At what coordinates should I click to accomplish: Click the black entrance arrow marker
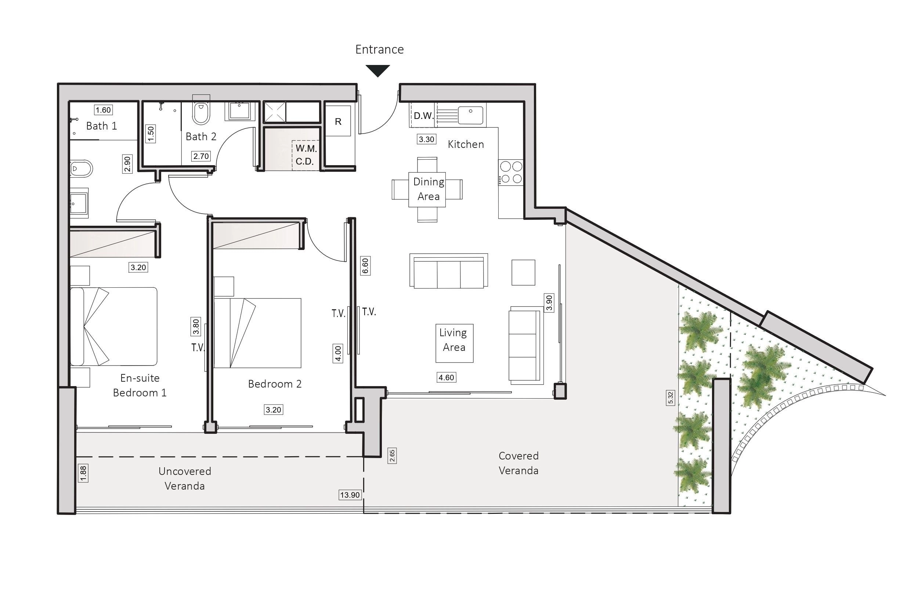coord(377,71)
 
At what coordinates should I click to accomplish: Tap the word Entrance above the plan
coord(379,50)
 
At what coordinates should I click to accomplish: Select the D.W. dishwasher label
coord(423,116)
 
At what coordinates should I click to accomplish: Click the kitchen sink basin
coord(470,115)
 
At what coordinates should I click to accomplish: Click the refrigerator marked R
coord(338,121)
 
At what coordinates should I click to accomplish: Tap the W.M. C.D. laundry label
coord(306,155)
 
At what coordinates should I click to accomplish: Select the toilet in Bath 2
coord(201,112)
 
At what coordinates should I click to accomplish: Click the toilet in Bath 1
coord(81,169)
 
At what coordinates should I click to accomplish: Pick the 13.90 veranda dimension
coord(350,495)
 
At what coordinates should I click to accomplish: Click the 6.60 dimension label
coord(365,266)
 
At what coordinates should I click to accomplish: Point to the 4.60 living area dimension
coord(446,377)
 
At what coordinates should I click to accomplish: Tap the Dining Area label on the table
coord(429,189)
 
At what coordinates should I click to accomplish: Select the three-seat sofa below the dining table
coord(449,271)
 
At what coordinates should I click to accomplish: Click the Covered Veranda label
coord(518,463)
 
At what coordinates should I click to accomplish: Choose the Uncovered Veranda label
coord(185,479)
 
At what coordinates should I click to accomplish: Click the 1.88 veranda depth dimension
coord(83,473)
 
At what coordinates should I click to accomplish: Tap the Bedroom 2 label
coord(275,384)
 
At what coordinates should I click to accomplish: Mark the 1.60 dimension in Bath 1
coord(104,110)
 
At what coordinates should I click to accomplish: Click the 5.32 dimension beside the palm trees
coord(670,397)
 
